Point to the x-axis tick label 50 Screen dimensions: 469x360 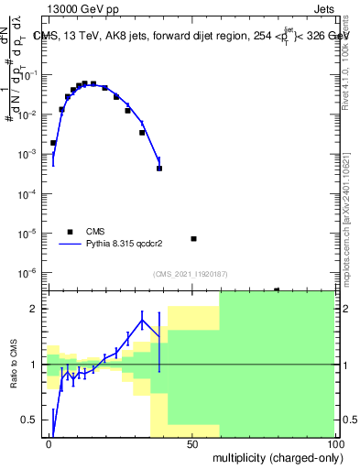(192, 443)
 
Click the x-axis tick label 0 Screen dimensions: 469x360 (49, 443)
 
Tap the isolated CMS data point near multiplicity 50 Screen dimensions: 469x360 (193, 239)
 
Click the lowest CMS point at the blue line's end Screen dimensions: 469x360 (159, 169)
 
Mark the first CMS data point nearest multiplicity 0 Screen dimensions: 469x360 (53, 143)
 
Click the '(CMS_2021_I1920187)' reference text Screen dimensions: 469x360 (189, 274)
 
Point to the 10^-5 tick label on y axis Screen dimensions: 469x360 (33, 234)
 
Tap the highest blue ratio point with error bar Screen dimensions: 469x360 (142, 319)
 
